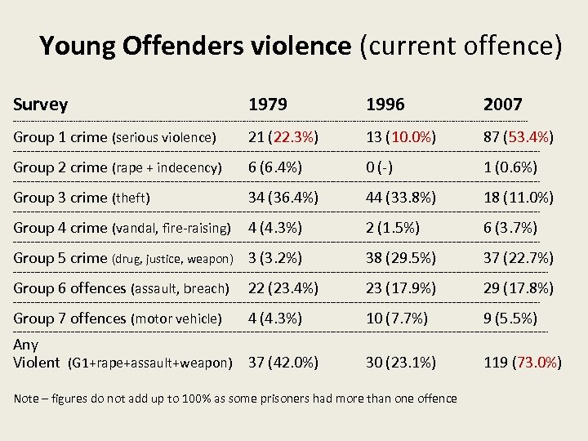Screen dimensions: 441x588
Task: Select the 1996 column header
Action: click(385, 105)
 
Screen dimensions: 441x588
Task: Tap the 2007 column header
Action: click(503, 105)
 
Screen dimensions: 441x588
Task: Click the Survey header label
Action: click(41, 105)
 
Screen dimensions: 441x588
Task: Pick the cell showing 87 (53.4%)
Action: click(519, 136)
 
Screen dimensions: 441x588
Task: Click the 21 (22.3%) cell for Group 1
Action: click(283, 136)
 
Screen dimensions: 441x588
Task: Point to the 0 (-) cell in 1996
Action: click(379, 167)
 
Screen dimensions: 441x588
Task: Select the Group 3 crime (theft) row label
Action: click(82, 197)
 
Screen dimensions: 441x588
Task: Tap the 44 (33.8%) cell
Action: click(401, 197)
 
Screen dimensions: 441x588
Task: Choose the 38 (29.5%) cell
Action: click(401, 257)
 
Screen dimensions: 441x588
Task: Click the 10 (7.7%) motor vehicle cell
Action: click(397, 318)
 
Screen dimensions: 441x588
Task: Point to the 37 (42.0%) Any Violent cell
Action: click(283, 362)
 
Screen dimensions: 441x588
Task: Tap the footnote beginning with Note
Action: click(235, 399)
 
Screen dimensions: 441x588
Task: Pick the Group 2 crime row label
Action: click(117, 167)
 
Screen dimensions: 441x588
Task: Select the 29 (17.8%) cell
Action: click(519, 287)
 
